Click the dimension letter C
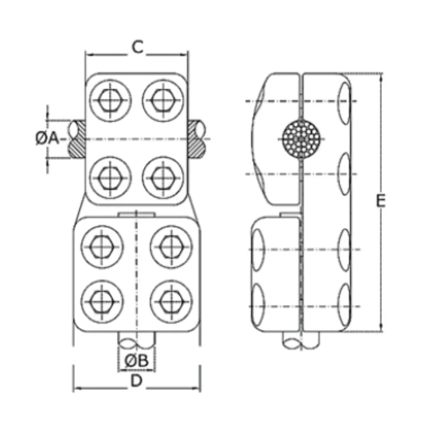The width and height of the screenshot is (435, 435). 138,47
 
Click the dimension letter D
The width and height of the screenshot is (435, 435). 136,381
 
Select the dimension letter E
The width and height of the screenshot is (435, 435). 381,201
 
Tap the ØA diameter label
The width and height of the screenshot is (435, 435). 48,138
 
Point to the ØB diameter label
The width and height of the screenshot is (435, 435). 137,361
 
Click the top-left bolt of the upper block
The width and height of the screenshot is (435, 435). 111,100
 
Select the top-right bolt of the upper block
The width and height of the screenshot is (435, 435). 163,100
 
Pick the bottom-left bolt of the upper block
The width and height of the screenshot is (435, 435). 111,178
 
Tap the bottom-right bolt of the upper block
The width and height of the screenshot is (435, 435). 163,178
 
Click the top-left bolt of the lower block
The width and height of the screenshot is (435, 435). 102,247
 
